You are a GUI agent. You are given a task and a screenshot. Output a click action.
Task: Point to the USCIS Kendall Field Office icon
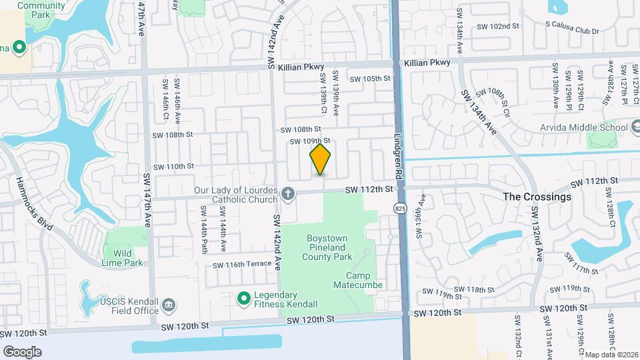point(169,306)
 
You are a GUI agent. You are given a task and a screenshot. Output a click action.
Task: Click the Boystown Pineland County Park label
point(329,247)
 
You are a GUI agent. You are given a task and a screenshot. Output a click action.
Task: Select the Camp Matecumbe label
point(364,280)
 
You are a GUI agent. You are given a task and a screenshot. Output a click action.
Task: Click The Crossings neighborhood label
point(537,197)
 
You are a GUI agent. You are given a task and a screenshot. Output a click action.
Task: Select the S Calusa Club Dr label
point(572,31)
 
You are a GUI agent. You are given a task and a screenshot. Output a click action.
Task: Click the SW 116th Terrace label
point(242,265)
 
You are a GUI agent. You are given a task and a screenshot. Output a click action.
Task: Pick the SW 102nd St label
point(497,26)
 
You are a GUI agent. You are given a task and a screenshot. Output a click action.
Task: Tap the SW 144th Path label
point(204,229)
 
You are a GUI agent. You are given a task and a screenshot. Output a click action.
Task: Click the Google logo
point(22,351)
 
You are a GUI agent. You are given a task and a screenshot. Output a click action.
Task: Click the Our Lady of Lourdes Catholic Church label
point(236,195)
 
